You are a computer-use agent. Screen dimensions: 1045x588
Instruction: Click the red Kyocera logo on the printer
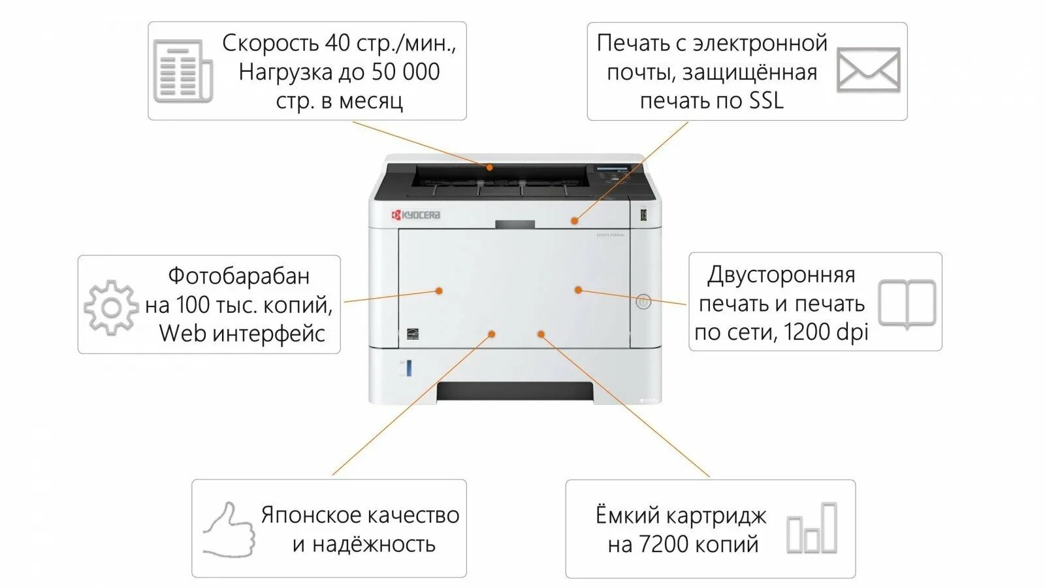point(415,215)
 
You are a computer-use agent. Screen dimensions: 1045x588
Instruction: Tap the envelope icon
point(868,70)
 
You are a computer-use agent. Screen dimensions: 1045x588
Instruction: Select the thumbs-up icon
point(229,530)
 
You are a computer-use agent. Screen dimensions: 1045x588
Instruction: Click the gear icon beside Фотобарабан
point(111,307)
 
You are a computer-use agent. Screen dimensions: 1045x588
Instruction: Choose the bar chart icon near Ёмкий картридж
point(812,529)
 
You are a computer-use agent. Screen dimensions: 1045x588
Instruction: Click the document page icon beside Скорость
point(182,71)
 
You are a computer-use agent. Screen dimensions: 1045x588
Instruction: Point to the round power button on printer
point(643,302)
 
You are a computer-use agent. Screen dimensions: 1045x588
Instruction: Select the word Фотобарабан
point(239,276)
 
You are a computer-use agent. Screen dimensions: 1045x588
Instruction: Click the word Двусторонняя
point(781,275)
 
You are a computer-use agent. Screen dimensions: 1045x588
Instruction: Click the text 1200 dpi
point(826,332)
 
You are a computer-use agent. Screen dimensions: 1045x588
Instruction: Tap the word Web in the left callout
point(182,333)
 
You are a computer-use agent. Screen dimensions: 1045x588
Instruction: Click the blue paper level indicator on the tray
point(409,368)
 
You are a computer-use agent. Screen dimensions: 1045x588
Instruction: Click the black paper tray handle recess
point(515,391)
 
